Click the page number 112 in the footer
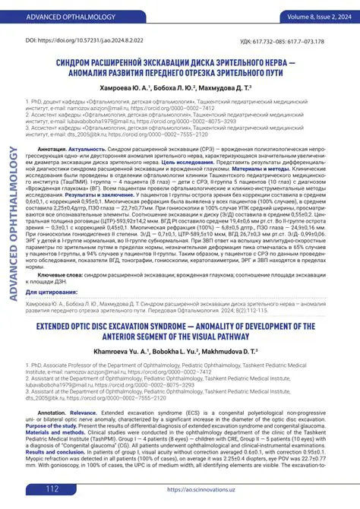pyautogui.click(x=52, y=488)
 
